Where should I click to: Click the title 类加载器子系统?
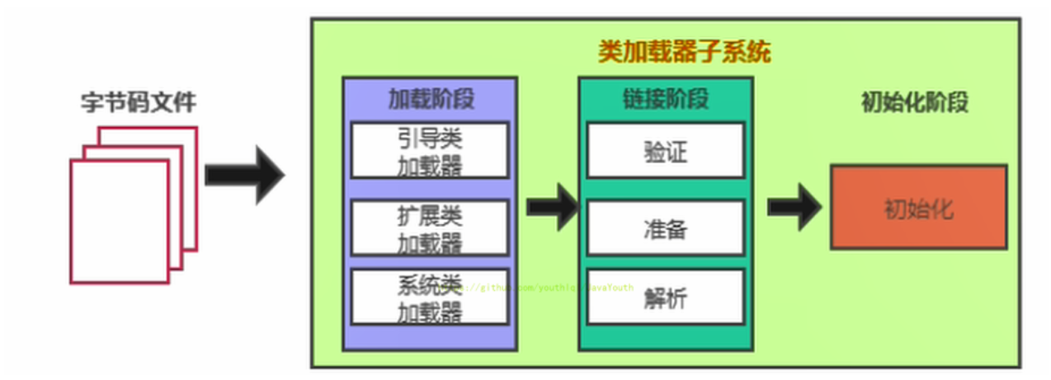pos(684,53)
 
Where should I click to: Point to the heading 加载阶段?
pos(431,99)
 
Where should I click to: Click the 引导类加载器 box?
pos(430,151)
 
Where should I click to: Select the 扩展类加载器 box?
pos(430,228)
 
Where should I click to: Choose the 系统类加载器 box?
pos(430,298)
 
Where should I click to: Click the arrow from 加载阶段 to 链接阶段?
pos(551,206)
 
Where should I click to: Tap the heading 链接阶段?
pos(665,99)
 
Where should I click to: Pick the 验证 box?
pos(665,151)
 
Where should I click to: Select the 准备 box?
pos(665,228)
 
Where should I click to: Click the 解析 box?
pos(665,297)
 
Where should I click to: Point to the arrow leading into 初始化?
pos(794,206)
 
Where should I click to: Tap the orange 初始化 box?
pos(918,207)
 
